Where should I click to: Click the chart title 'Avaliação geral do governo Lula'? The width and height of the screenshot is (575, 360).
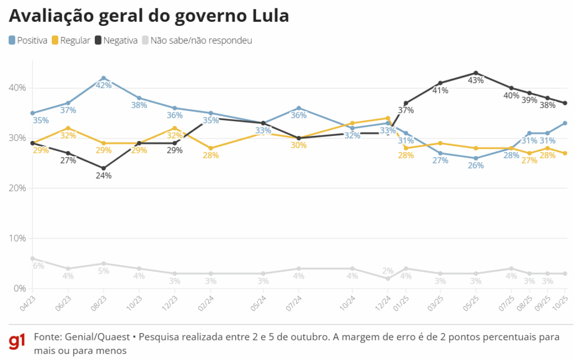click(x=149, y=16)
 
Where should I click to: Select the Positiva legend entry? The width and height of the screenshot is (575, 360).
click(x=28, y=40)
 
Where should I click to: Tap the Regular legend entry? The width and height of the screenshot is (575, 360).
click(x=71, y=40)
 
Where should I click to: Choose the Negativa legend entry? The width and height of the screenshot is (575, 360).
click(x=116, y=40)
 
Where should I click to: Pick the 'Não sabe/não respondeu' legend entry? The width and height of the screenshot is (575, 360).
click(x=197, y=40)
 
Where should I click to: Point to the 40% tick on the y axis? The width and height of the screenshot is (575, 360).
click(x=17, y=88)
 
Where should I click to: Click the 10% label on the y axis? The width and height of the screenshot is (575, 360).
click(x=17, y=238)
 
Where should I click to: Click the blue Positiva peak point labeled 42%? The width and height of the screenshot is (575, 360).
click(x=103, y=78)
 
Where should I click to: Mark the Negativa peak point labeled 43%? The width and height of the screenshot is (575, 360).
click(x=476, y=73)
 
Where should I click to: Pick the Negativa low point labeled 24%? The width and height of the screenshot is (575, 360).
click(x=103, y=168)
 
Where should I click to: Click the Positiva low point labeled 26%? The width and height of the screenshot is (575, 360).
click(x=476, y=158)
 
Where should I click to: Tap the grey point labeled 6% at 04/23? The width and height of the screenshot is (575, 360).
click(x=33, y=258)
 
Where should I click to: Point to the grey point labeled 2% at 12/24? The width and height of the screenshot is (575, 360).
click(x=388, y=279)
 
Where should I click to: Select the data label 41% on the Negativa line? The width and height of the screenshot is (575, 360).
click(x=440, y=90)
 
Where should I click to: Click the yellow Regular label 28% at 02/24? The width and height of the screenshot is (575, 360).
click(x=211, y=156)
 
